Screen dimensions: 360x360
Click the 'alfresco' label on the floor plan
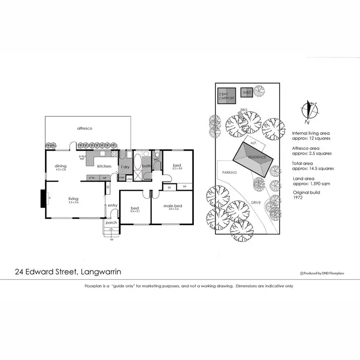pos(84,129)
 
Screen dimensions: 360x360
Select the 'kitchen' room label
pos(104,166)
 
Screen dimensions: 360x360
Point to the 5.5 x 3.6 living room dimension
pos(73,203)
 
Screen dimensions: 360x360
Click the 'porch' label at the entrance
pos(111,223)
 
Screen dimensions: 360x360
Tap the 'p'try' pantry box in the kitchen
pos(91,178)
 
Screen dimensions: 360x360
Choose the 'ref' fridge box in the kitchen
pos(104,178)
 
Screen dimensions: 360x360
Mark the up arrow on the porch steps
pos(112,239)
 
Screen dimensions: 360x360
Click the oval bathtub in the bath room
pos(137,162)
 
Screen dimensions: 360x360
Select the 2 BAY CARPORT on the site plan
pos(227,96)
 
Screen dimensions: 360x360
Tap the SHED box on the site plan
pos(247,92)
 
